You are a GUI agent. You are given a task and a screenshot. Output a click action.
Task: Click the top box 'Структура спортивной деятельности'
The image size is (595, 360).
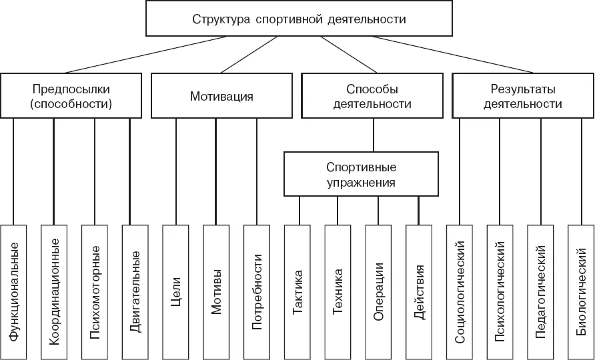point(299,18)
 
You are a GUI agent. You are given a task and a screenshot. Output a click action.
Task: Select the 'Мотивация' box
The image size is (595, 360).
point(221,95)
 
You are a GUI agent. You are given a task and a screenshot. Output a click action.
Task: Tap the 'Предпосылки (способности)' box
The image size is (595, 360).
point(71,95)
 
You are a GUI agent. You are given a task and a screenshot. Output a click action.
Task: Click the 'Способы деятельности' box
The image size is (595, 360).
point(372,95)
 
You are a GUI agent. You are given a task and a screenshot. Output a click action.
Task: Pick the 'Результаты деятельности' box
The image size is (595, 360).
point(523,95)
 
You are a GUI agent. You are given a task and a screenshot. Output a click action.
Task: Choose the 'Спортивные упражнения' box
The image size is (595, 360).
point(362,174)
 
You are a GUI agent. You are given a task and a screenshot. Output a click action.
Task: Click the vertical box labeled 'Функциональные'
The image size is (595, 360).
point(13,292)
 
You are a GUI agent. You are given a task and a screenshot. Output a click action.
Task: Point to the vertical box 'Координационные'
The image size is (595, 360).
point(54,292)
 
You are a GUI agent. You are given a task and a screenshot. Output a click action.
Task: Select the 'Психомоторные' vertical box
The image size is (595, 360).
point(95,292)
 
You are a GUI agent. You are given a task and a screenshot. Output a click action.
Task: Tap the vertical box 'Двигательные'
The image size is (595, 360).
point(135,292)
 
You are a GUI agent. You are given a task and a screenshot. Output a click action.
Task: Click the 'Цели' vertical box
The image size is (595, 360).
point(175,292)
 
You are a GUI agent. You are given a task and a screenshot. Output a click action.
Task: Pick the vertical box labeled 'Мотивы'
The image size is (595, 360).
point(216,292)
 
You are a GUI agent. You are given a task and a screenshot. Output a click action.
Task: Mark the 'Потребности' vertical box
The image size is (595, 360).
point(257,292)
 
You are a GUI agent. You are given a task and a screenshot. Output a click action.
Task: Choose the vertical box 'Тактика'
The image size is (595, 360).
point(297,292)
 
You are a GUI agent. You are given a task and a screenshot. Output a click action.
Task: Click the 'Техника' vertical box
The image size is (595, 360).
point(338,292)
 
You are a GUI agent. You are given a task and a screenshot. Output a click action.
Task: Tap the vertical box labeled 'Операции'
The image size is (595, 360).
point(378,292)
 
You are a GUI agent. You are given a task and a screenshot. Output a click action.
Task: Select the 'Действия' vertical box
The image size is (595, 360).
point(419,292)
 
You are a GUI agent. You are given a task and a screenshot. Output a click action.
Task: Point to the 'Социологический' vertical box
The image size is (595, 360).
point(460,292)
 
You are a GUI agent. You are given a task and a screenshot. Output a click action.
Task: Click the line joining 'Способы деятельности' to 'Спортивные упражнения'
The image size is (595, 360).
point(374,135)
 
